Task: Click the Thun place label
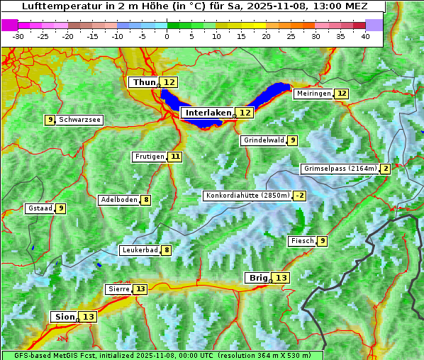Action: click(x=144, y=83)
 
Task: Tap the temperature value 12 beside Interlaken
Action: click(x=245, y=113)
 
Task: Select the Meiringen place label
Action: click(x=313, y=94)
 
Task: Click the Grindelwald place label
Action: click(x=264, y=140)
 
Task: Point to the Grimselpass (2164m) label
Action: click(x=340, y=169)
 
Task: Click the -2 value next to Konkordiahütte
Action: click(x=300, y=196)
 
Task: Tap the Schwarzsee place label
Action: click(x=79, y=120)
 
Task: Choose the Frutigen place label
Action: click(x=149, y=157)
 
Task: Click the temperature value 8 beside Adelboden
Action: click(x=146, y=200)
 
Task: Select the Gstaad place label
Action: click(x=40, y=208)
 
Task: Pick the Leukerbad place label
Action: click(x=140, y=250)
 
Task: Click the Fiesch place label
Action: click(x=302, y=241)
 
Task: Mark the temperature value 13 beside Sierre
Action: click(x=140, y=289)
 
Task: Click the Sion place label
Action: click(x=64, y=317)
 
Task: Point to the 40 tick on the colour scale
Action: click(x=365, y=35)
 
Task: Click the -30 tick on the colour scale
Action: click(x=18, y=35)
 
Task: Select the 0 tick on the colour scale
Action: click(x=167, y=35)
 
